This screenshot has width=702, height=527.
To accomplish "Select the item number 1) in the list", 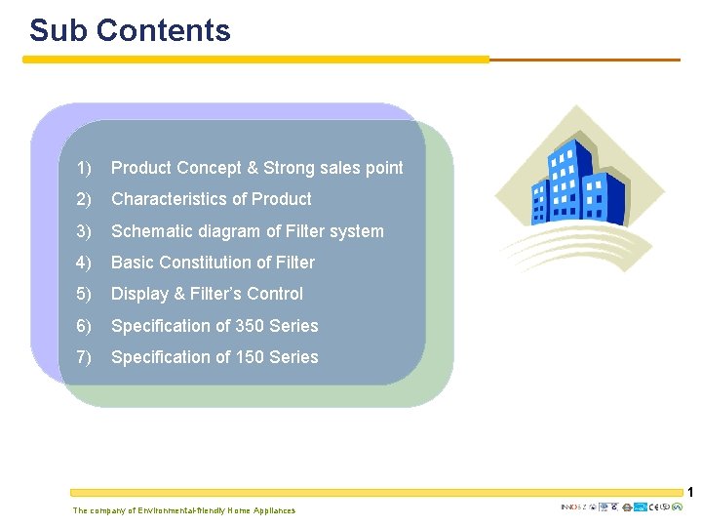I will point(84,169).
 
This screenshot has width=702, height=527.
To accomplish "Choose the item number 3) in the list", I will point(84,231).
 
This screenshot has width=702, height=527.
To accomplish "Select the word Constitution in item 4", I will point(212,263).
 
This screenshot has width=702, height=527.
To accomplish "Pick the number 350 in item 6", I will point(255,326).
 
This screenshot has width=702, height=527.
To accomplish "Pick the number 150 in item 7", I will point(255,357).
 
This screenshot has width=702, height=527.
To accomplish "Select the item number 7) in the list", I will point(84,357).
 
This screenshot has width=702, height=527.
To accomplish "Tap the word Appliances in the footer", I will point(274,510).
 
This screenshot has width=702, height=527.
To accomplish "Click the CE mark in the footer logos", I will point(653,507).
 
